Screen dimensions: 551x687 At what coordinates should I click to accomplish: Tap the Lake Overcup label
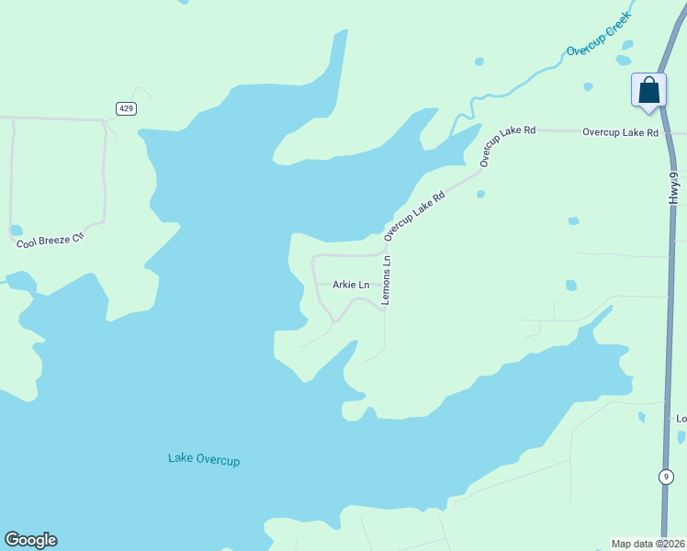(x=204, y=458)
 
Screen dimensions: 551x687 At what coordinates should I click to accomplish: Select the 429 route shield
(x=127, y=108)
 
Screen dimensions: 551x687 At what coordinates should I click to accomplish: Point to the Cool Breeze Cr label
(x=50, y=241)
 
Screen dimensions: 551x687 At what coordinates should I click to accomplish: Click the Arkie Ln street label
(x=350, y=285)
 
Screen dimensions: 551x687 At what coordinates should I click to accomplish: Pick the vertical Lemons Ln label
(x=387, y=280)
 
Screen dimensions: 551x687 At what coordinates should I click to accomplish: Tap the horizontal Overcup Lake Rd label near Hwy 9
(x=620, y=132)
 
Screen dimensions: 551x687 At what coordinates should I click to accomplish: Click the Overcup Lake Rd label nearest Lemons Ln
(x=414, y=216)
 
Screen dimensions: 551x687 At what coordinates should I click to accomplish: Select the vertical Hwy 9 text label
(x=673, y=187)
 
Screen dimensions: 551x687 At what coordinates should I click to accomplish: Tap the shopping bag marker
(x=648, y=91)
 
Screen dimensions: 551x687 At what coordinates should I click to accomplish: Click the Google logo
(x=30, y=540)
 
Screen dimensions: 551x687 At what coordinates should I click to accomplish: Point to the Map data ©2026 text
(x=648, y=543)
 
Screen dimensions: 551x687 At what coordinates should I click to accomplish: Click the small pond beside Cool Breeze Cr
(x=16, y=230)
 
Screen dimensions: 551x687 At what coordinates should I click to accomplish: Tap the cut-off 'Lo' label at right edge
(x=681, y=419)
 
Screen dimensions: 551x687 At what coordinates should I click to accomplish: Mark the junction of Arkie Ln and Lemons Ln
(x=384, y=285)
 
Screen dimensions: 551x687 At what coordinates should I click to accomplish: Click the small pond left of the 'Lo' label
(x=641, y=417)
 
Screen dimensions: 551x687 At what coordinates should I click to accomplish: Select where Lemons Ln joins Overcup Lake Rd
(x=385, y=247)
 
